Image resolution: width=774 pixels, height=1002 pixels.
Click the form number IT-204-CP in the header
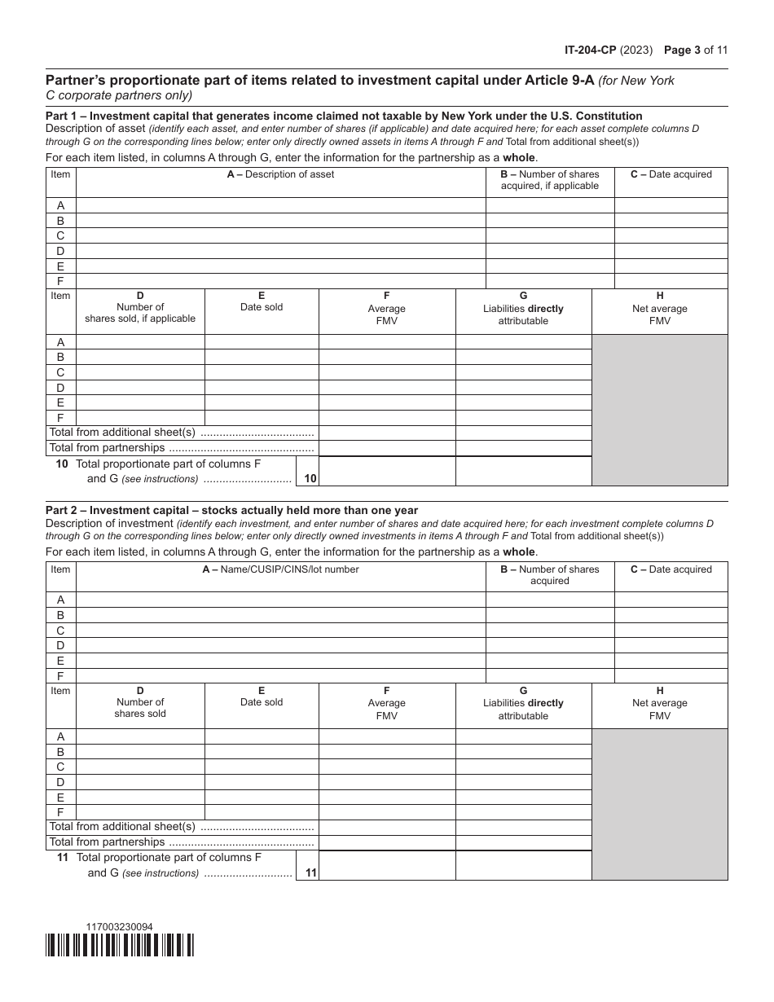pos(590,50)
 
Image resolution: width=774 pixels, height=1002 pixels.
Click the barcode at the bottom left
pos(120,945)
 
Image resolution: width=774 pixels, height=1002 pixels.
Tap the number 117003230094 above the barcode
pos(119,926)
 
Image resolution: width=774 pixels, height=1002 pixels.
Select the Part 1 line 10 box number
pos(310,479)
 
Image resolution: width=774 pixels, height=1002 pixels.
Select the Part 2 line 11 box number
pos(310,872)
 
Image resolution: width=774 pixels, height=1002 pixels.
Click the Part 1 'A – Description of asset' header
pos(280,174)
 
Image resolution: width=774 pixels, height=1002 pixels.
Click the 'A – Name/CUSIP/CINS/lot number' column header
pos(280,569)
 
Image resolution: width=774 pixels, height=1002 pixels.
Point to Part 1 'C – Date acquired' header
pos(671,174)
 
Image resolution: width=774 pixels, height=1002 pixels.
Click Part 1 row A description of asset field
pos(280,205)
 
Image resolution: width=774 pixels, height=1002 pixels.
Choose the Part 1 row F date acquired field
pos(671,281)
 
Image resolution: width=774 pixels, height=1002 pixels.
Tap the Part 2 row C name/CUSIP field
pos(280,631)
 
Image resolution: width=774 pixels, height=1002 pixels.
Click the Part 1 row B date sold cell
pos(262,357)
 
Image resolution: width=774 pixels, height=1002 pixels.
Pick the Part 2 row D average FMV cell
pos(386,782)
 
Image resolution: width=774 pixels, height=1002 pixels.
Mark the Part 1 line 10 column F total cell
pos(386,471)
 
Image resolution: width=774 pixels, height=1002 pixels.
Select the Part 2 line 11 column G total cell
pos(523,865)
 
